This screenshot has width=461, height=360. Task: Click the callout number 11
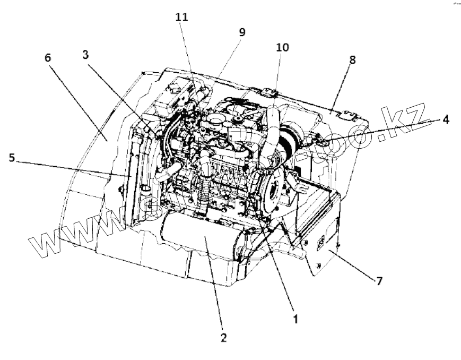[182, 17]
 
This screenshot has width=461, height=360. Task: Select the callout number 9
[241, 32]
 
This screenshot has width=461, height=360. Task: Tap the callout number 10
[282, 48]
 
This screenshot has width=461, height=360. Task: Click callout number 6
[48, 57]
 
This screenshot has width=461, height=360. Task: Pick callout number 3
[85, 55]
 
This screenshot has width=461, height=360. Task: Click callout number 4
[446, 120]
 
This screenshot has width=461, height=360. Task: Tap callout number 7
[379, 281]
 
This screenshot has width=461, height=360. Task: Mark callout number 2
[223, 338]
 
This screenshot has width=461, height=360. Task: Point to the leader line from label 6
[80, 101]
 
